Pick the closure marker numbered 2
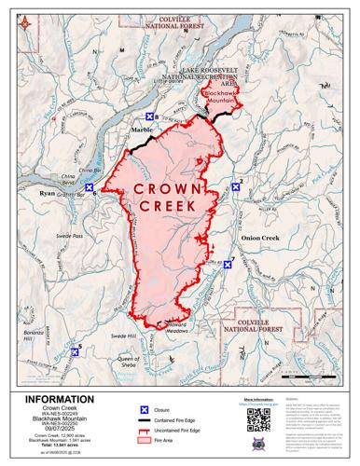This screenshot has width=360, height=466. coord(237,186)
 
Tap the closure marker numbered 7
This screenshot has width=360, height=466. coord(227,265)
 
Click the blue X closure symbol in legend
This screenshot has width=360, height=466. coord(145,410)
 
